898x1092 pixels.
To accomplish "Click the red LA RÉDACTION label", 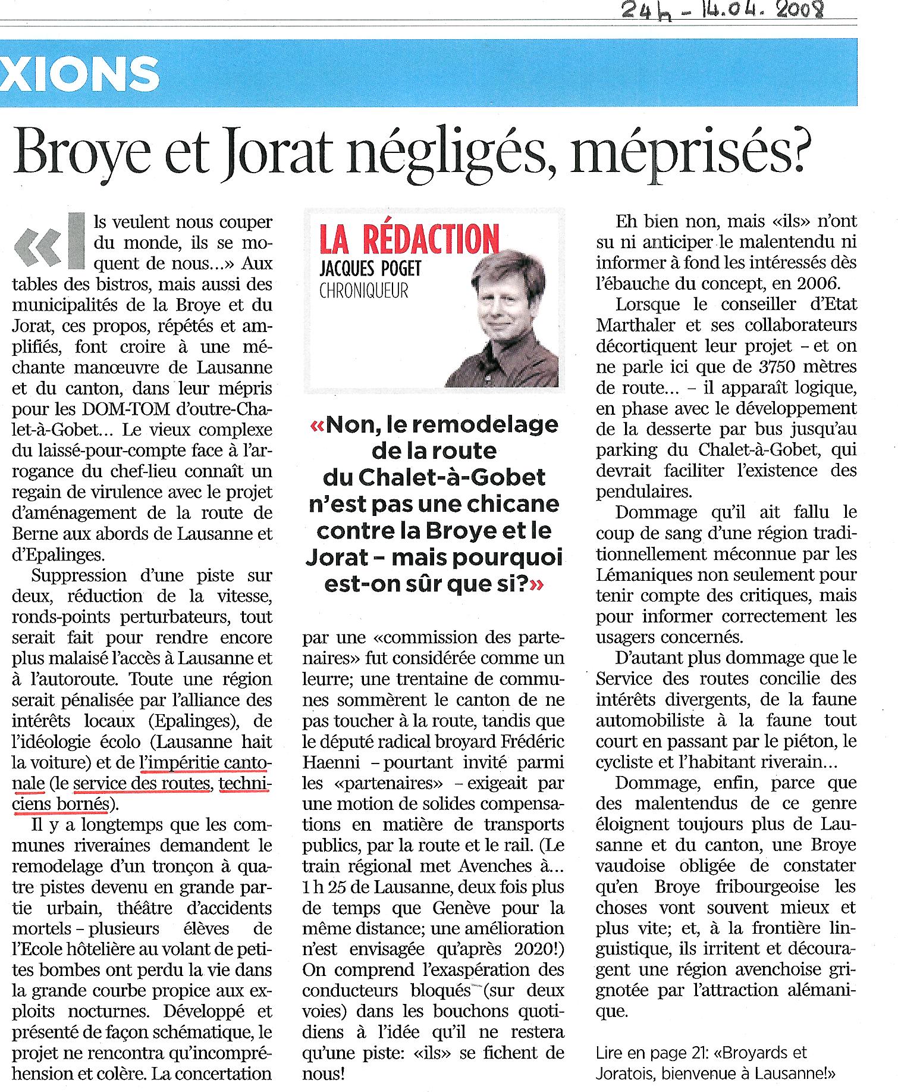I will (x=409, y=239).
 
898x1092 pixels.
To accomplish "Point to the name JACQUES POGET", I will (x=370, y=268).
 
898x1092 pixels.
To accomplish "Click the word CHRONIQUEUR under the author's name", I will (x=364, y=292).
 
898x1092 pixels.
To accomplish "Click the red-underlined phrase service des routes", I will (x=142, y=784).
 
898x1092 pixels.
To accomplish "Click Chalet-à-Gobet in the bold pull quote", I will (x=434, y=477).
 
